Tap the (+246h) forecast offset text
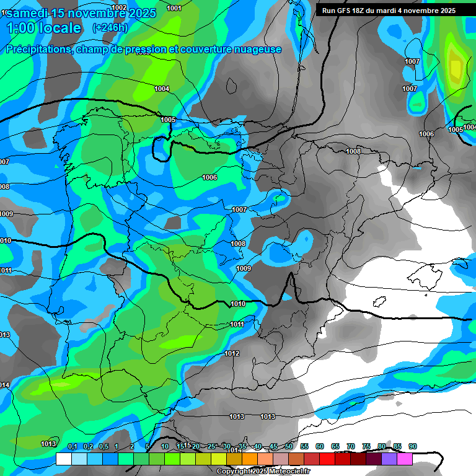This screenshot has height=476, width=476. pos(111,28)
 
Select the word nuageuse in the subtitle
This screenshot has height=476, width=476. pos(257,50)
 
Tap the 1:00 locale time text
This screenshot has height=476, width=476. pos(43,28)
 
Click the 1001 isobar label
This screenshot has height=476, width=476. pos(174,8)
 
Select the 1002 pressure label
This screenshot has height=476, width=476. pos(119,7)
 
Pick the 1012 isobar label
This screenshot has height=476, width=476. pos(232,353)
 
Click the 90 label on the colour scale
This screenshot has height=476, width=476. pos(413,446)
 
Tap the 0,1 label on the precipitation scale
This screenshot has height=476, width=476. pos(73,446)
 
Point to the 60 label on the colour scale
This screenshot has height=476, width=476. pos(320,446)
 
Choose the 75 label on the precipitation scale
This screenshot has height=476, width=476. pos(366,446)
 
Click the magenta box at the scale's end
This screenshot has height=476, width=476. pos(405,459)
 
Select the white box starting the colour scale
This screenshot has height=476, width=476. pos(63,459)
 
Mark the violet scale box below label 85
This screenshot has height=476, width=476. pos(389,459)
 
